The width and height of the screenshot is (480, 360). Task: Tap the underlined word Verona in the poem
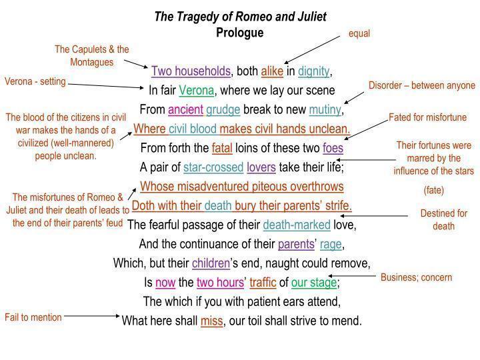(195, 90)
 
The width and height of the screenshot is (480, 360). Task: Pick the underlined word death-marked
(291, 225)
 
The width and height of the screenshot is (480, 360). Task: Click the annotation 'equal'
(359, 33)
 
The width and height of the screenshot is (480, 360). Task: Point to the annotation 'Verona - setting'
(35, 82)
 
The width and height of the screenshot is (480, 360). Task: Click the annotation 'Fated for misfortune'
(428, 118)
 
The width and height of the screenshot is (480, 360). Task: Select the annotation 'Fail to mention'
(33, 317)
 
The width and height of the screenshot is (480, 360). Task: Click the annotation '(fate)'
(433, 191)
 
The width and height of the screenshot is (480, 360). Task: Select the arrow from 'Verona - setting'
(106, 85)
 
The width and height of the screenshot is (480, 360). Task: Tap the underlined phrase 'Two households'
(191, 71)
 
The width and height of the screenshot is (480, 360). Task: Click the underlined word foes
(333, 148)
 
